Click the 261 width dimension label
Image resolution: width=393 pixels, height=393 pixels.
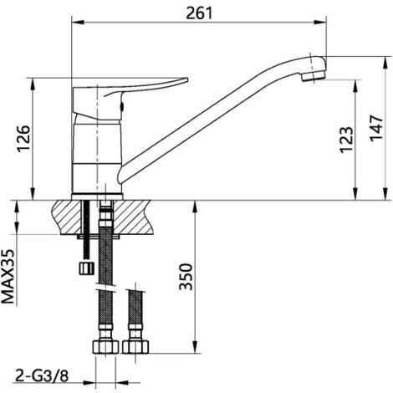coord(199,13)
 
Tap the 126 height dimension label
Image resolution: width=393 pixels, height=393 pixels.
coord(23,139)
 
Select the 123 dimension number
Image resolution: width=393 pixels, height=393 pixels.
coord(346,140)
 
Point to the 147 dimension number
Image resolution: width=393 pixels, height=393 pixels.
coord(376,128)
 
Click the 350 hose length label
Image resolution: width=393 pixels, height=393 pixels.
coord(186,277)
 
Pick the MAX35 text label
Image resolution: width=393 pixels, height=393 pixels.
coord(8,277)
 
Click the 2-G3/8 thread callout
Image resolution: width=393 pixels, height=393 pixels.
coord(42,376)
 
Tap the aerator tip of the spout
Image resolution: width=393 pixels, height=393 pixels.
coord(314,75)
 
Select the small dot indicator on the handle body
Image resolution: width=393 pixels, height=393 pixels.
coord(122,106)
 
